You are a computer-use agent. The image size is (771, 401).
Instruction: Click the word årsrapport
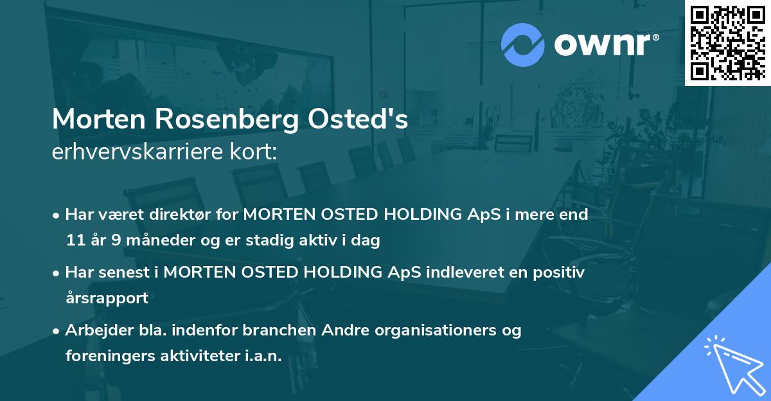tap(107, 298)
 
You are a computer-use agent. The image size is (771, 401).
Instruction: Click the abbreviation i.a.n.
tap(263, 356)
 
